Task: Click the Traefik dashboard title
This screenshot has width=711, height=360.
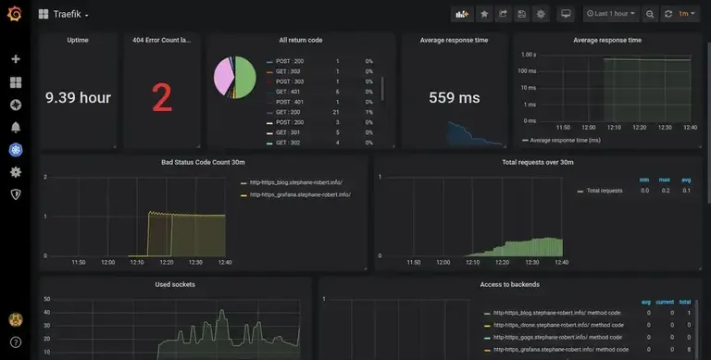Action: pos(68,15)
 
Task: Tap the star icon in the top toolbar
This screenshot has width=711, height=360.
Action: pos(484,14)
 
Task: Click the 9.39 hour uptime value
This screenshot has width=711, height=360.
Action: pos(79,97)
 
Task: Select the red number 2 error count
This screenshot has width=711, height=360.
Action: pos(162,97)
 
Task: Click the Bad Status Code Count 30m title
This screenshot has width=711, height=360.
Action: pos(203,162)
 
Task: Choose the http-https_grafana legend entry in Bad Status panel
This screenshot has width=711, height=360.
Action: pos(300,194)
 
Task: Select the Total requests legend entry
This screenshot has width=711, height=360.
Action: pos(605,190)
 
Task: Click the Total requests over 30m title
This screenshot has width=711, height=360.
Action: pos(538,162)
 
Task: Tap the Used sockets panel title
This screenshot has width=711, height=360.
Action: pos(175,284)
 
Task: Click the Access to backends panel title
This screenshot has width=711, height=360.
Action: pos(509,284)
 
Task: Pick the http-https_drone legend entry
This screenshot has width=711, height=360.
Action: pos(558,326)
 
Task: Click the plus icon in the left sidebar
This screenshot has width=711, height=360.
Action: pos(16,59)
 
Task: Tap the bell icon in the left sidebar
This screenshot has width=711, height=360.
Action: pos(16,127)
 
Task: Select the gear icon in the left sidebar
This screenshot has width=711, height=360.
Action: pos(16,172)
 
